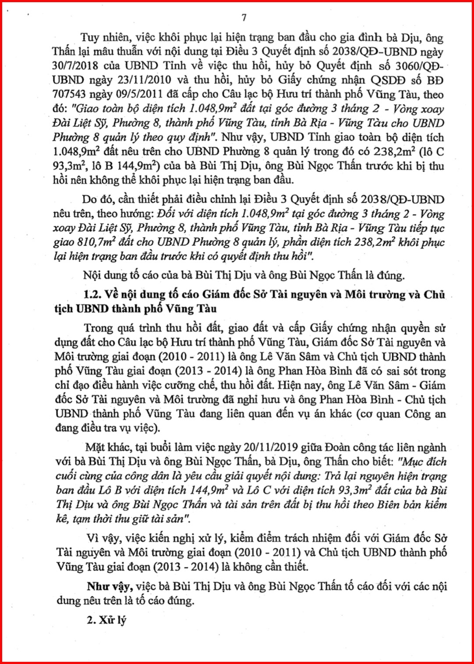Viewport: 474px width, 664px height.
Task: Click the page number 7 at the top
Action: (244, 18)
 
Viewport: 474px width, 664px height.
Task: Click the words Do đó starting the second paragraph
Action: (96, 200)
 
